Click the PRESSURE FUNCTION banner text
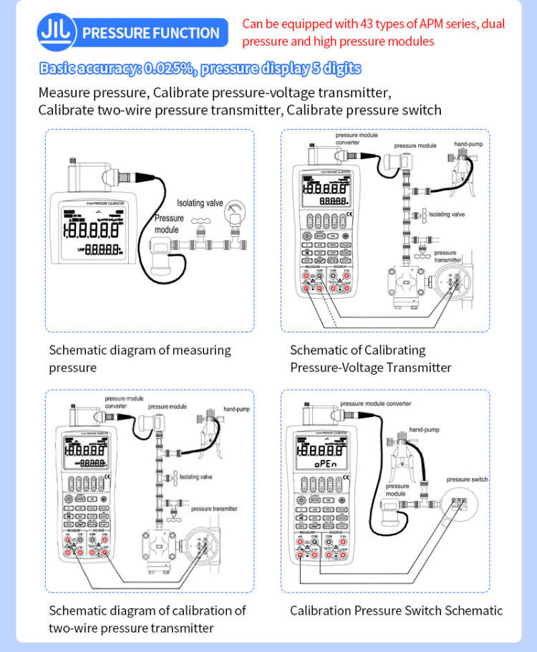[151, 33]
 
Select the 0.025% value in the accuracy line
[169, 69]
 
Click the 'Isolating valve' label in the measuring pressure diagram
[200, 203]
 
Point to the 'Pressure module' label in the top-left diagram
[168, 224]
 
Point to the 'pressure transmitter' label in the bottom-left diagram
[214, 508]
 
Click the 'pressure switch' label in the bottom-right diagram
[467, 479]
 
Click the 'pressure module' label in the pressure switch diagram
[396, 489]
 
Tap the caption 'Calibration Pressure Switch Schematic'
[396, 610]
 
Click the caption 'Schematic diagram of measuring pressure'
[140, 358]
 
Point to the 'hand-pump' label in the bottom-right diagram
[424, 429]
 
